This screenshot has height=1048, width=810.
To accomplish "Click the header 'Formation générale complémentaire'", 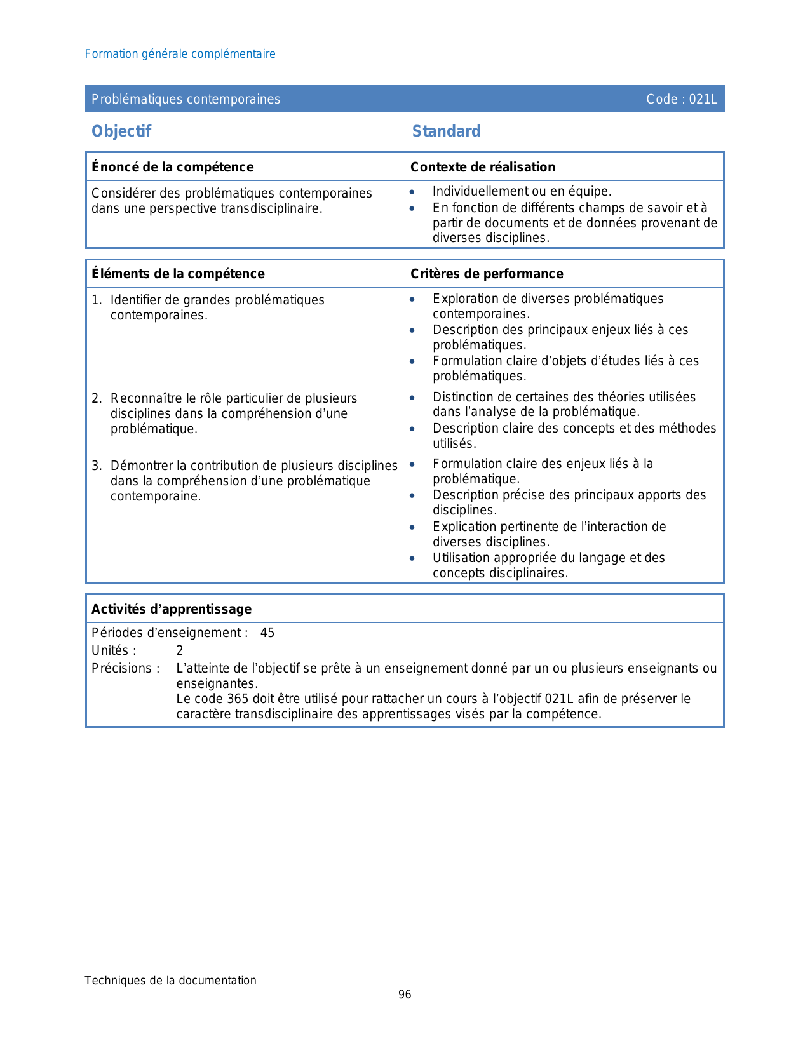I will [x=180, y=54].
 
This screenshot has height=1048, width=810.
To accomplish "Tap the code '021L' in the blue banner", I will [x=703, y=99].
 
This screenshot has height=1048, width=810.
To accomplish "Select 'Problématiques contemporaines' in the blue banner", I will [x=186, y=99].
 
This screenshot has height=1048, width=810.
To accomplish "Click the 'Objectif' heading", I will [x=121, y=131].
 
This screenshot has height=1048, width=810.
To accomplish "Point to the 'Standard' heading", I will [x=446, y=131].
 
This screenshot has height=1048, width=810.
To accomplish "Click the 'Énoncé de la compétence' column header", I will [x=172, y=167].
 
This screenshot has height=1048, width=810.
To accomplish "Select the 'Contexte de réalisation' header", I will [x=482, y=167].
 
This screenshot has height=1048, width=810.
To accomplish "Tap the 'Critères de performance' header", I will [x=487, y=274].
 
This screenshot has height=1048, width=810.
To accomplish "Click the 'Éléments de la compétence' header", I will [x=178, y=274].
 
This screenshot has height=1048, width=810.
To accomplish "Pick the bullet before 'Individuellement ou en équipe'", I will [x=412, y=192].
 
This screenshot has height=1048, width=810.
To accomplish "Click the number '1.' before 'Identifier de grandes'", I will [x=97, y=300].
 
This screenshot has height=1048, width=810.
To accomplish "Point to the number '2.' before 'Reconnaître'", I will [x=97, y=398].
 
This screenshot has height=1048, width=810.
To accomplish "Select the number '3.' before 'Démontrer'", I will [x=97, y=466].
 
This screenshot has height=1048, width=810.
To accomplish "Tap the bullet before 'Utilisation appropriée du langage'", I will [x=412, y=558].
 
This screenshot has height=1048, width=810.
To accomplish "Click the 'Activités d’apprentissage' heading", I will [x=172, y=609].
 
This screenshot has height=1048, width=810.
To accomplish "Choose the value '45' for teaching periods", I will [x=267, y=633].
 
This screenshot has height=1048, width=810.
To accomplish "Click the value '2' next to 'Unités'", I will [x=180, y=650].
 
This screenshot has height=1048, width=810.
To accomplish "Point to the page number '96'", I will [x=405, y=995].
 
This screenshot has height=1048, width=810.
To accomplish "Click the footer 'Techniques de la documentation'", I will [x=170, y=980].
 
